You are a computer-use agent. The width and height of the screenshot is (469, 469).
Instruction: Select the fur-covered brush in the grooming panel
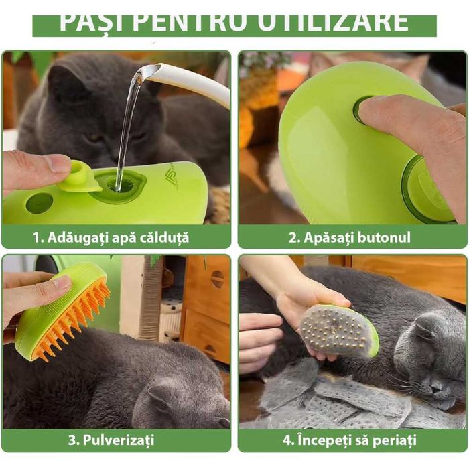tap(335, 330)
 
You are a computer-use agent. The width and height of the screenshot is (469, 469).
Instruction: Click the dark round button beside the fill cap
tap(39, 202)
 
